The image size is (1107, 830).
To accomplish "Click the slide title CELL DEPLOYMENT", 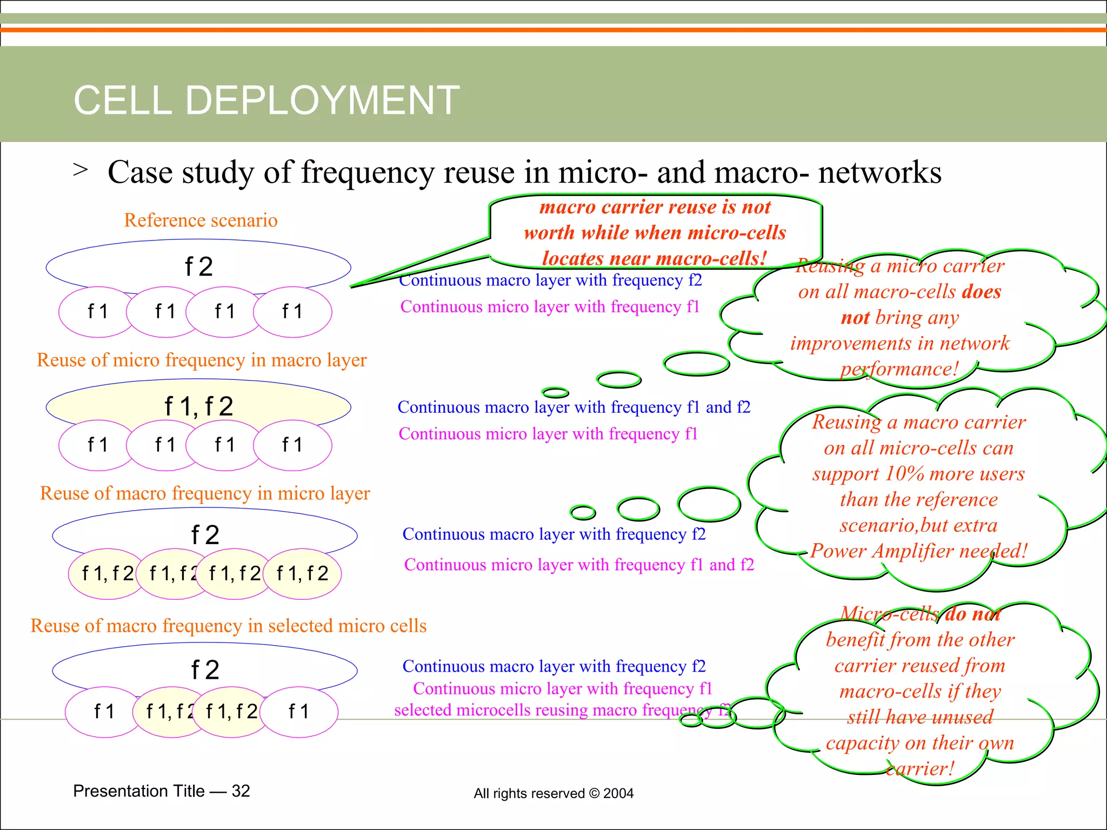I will tap(266, 101).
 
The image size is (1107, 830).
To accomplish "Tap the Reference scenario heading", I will tap(201, 220).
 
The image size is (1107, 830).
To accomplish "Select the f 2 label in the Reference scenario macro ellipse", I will tap(199, 267).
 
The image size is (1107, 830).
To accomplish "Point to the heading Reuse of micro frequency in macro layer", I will tap(202, 360).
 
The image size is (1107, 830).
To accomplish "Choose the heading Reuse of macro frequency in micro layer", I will tap(205, 493).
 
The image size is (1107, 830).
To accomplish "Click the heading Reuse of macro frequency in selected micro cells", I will tap(229, 626).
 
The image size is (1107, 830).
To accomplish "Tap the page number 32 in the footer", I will tap(241, 791).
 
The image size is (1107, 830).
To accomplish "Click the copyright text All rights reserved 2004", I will tap(553, 793).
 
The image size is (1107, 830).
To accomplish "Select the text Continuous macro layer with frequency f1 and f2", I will tap(573, 407).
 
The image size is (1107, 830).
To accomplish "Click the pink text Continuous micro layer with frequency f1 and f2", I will tap(579, 565).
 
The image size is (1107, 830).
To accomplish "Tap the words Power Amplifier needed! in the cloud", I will tap(919, 551).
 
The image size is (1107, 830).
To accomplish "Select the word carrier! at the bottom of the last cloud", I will tap(920, 768).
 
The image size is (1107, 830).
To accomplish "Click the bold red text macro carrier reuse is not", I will tap(655, 207).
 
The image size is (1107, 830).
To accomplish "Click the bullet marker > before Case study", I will tap(81, 170).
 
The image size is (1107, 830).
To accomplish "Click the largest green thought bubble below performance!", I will tap(696, 364).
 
